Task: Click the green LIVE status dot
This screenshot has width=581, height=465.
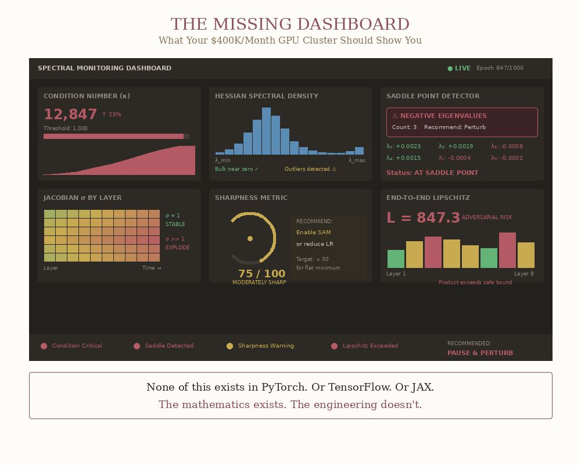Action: click(450, 69)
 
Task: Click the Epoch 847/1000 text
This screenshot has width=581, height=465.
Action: click(500, 68)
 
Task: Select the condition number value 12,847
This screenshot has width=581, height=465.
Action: click(70, 115)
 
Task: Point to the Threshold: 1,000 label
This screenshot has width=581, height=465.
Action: click(66, 128)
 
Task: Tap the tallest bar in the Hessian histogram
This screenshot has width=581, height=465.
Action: click(266, 131)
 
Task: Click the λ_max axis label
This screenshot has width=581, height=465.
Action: click(357, 160)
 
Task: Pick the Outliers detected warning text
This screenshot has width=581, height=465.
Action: click(310, 169)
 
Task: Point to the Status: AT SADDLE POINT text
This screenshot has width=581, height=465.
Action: click(432, 173)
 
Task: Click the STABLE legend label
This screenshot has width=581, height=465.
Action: click(175, 224)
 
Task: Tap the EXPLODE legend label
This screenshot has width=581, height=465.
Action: click(178, 248)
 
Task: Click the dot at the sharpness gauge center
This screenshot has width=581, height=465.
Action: click(250, 238)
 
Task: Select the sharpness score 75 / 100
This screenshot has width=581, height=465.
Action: click(262, 274)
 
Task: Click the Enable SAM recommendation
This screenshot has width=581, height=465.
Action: click(314, 233)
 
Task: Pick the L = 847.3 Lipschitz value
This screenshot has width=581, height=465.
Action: click(423, 218)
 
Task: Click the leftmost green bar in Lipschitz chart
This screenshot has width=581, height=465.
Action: click(396, 259)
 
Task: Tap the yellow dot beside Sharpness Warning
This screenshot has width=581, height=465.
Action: click(229, 346)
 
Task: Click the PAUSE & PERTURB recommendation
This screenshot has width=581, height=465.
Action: click(480, 353)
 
